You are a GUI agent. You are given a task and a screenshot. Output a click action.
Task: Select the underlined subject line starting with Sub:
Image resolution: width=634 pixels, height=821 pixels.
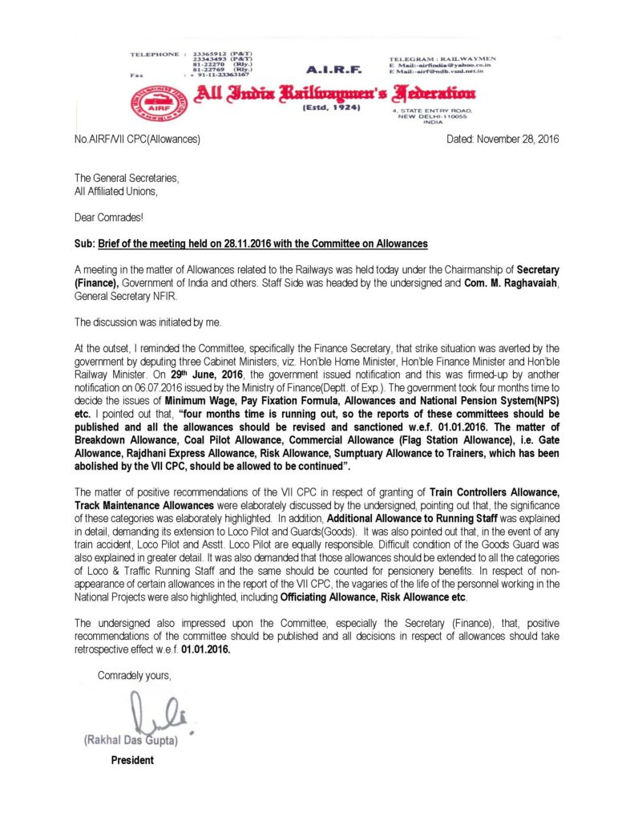(x=251, y=243)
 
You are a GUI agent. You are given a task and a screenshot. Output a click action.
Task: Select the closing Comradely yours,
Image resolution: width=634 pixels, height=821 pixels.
(x=134, y=675)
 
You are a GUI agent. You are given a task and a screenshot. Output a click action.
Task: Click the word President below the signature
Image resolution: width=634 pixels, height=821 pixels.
(x=132, y=760)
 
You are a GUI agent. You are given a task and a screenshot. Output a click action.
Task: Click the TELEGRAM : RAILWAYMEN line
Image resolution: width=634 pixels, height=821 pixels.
(x=442, y=59)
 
